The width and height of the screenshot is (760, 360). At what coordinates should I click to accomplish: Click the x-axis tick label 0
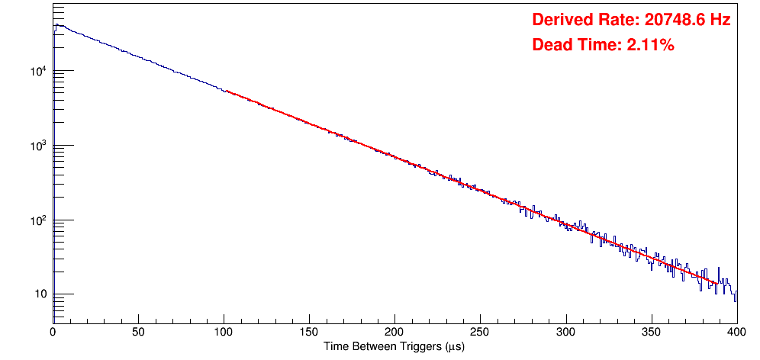(x=53, y=332)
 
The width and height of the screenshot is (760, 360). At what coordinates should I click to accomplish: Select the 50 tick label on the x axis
(x=138, y=332)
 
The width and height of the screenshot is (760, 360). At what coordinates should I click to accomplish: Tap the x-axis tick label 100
(x=224, y=332)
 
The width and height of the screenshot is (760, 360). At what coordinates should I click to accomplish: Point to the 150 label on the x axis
(x=309, y=332)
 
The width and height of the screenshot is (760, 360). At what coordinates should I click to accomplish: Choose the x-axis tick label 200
(x=394, y=332)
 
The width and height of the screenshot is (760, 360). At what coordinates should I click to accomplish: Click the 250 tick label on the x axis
(x=480, y=332)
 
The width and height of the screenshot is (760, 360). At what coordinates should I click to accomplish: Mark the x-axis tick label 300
(x=565, y=332)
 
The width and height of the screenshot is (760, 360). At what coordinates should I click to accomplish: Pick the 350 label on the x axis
(x=651, y=332)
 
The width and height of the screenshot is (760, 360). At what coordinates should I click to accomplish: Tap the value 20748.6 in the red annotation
(x=674, y=21)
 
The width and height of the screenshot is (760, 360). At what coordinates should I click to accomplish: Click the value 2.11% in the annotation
(x=650, y=46)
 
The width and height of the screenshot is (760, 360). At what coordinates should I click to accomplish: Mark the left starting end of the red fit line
(x=226, y=92)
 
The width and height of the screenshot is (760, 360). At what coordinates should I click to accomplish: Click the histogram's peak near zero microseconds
(x=56, y=25)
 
